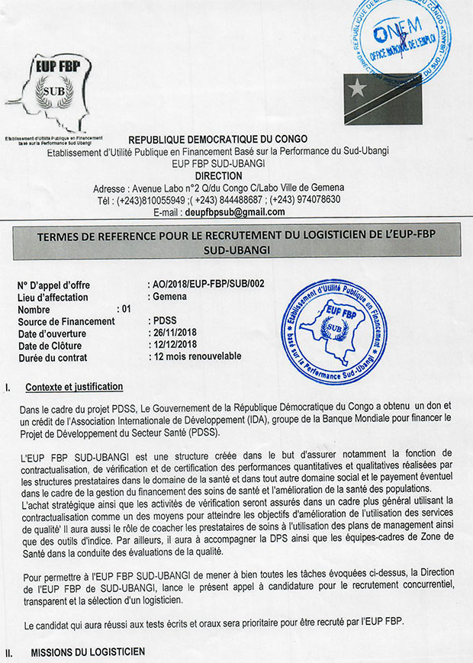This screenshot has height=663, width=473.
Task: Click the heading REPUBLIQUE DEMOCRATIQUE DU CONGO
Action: click(x=217, y=140)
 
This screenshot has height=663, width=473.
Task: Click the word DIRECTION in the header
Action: click(x=218, y=175)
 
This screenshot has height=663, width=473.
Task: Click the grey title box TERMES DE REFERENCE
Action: click(x=236, y=242)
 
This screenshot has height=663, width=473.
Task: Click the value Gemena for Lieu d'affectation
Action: click(x=169, y=297)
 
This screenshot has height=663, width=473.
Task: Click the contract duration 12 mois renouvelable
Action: click(x=198, y=356)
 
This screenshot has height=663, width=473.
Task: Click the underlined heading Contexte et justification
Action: click(x=74, y=388)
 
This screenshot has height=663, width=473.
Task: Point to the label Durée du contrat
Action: click(x=52, y=357)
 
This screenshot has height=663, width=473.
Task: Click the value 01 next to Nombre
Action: click(x=126, y=309)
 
